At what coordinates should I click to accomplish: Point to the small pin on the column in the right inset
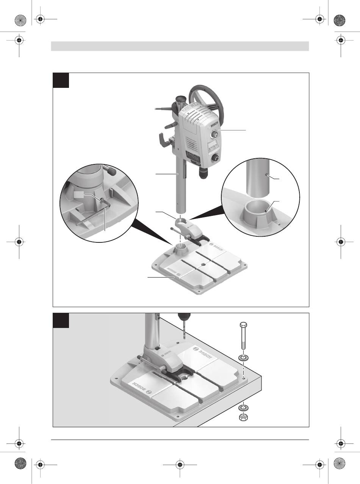click(x=268, y=175)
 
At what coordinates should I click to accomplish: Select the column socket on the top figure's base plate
click(x=181, y=250)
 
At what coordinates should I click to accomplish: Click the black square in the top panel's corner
click(x=61, y=80)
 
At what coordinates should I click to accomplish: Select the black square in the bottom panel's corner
click(x=61, y=320)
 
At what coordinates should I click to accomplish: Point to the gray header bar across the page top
click(x=180, y=46)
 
